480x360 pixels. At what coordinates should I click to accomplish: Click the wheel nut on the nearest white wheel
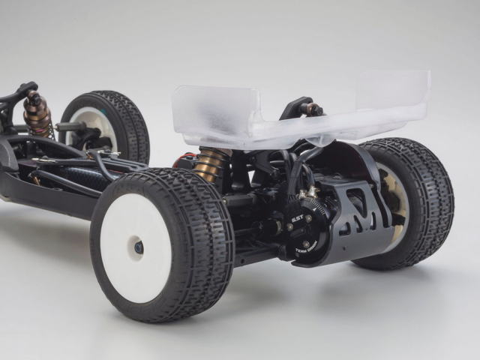click(139, 246)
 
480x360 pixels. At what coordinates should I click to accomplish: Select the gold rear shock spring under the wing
click(210, 164)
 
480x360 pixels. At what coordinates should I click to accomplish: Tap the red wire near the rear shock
click(184, 159)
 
